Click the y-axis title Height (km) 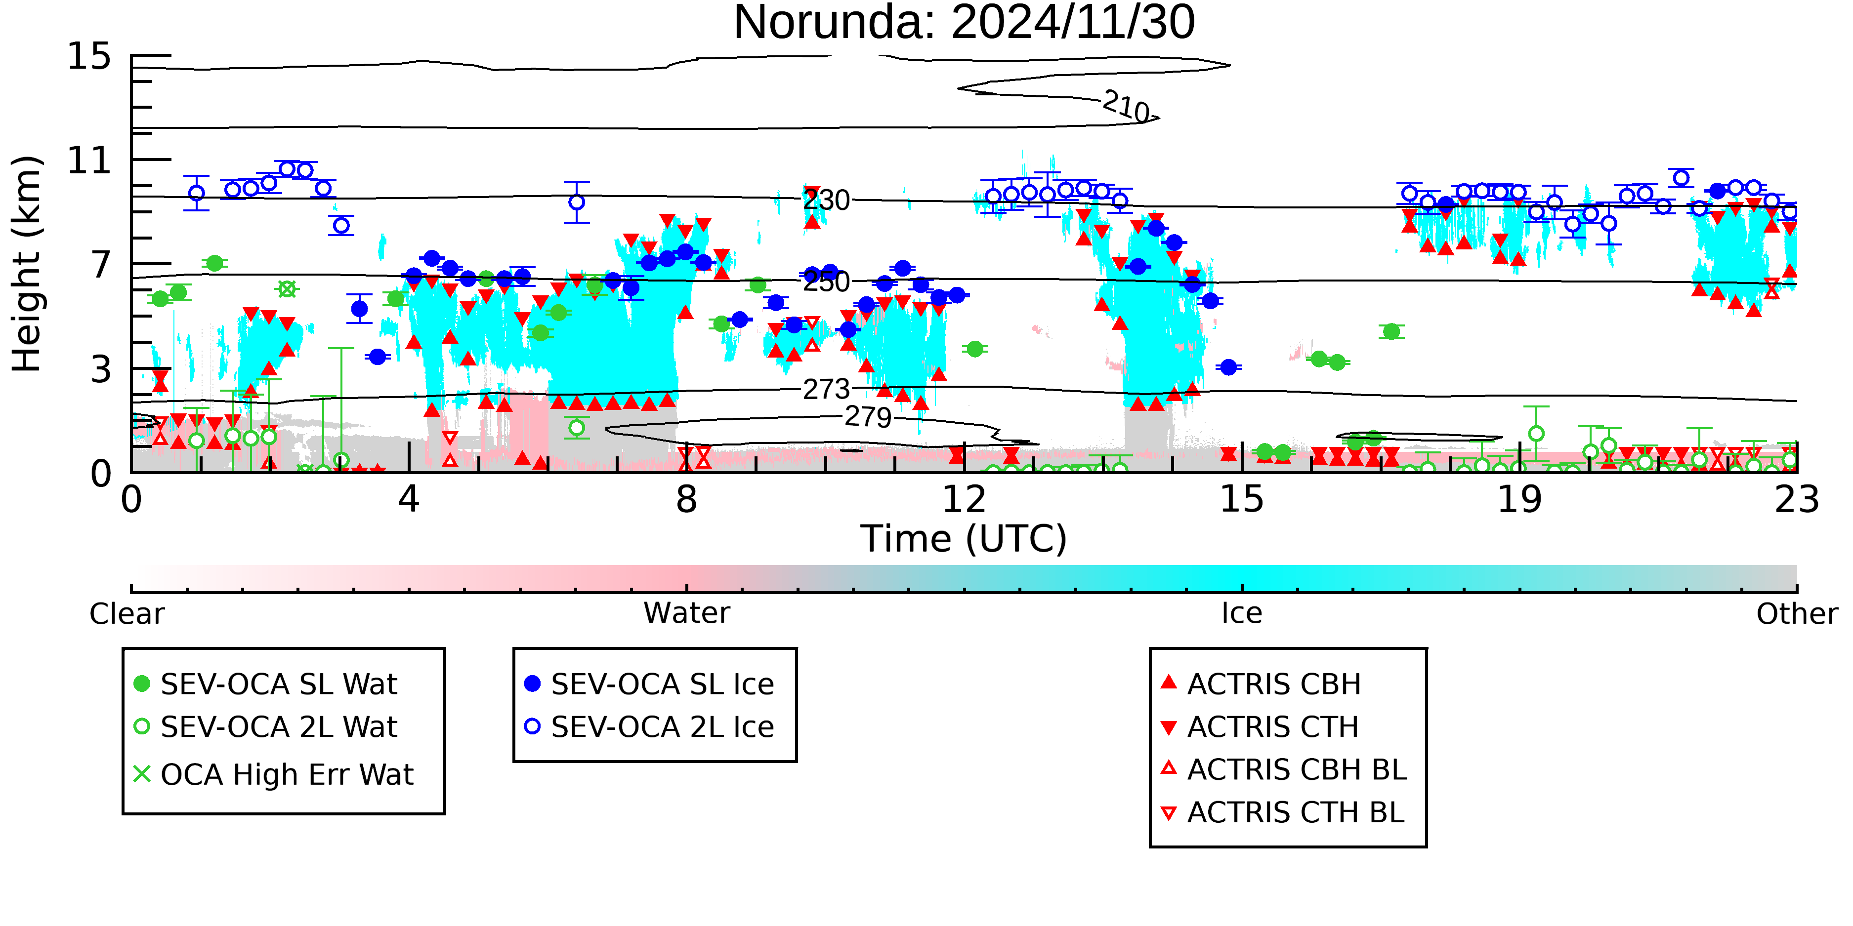27,264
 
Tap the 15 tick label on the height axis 89,56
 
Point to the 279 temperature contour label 868,417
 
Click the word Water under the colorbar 687,613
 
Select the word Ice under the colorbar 1242,613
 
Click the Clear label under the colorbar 126,614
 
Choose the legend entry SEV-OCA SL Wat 266,684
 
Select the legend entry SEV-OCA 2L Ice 650,727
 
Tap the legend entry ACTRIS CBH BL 1284,769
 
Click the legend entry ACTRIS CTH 1260,727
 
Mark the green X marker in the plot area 287,289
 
